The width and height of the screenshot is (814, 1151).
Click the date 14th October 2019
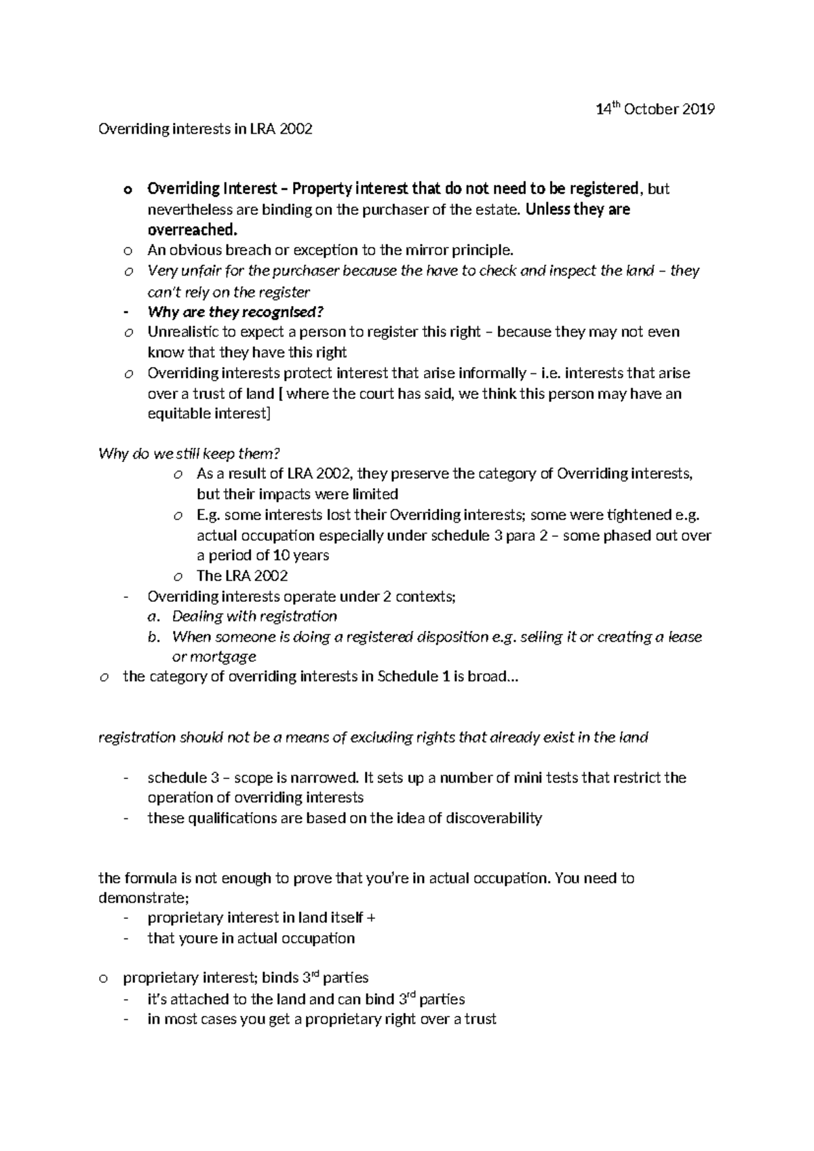pyautogui.click(x=655, y=109)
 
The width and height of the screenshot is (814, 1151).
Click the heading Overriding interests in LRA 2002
pyautogui.click(x=206, y=129)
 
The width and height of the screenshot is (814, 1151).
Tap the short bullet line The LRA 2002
pyautogui.click(x=241, y=575)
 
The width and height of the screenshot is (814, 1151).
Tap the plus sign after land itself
pyautogui.click(x=370, y=918)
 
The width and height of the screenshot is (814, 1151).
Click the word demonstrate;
pyautogui.click(x=142, y=898)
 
